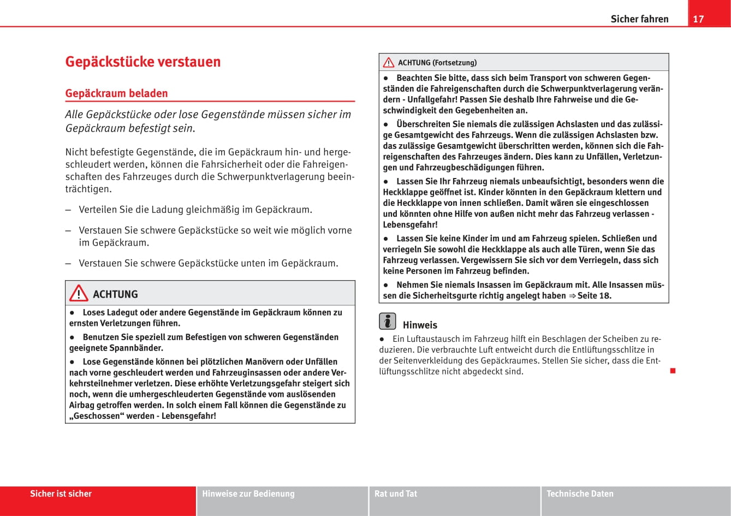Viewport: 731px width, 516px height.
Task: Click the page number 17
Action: (x=698, y=19)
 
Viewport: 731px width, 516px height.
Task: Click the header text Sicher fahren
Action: (x=639, y=19)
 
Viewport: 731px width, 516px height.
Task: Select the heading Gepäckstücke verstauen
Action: (x=143, y=62)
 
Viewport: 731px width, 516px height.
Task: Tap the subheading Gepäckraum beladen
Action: (x=116, y=93)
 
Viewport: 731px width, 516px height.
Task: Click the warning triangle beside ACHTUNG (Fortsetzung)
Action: (x=389, y=63)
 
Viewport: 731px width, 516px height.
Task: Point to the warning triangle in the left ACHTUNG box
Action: (x=79, y=294)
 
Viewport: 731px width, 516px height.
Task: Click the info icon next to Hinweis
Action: (x=387, y=322)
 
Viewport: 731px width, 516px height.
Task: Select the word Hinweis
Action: (x=420, y=325)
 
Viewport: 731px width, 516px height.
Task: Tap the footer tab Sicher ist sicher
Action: (x=61, y=494)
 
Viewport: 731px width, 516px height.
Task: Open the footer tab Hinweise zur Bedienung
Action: (x=248, y=494)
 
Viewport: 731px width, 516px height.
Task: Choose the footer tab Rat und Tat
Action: (x=396, y=494)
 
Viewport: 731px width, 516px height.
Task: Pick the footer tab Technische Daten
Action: (x=580, y=494)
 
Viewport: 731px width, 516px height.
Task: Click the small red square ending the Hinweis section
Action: (x=673, y=371)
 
